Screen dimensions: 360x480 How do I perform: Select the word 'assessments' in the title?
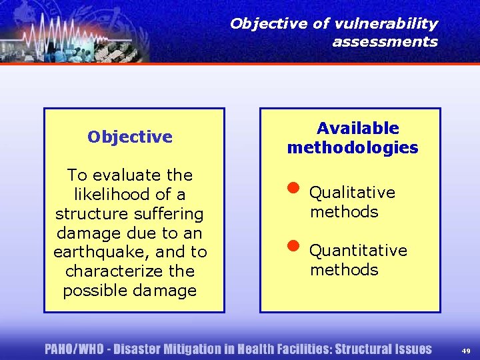point(385,42)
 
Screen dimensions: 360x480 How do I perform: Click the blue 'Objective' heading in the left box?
point(130,137)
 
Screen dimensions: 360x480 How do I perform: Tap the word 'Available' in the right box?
point(357,129)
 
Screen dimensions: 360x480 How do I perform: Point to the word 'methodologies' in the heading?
point(353,148)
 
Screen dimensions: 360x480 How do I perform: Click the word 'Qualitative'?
point(352,193)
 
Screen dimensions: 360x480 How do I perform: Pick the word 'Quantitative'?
point(358,251)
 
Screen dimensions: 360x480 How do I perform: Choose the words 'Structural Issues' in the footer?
point(383,349)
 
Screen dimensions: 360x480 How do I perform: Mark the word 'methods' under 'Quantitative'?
point(343,270)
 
